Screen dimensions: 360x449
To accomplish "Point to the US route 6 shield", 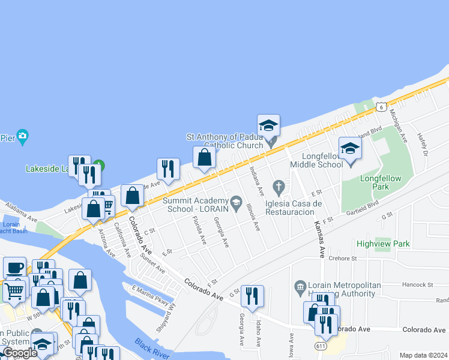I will (381, 107).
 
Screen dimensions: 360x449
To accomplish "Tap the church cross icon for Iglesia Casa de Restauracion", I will (278, 187).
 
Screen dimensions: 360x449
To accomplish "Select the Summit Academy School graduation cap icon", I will (236, 200).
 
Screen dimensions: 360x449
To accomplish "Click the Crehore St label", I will (343, 258).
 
